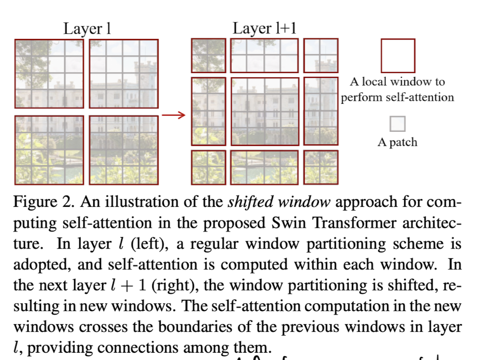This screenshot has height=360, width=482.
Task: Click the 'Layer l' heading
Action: coord(87,29)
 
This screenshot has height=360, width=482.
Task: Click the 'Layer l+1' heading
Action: coord(264,29)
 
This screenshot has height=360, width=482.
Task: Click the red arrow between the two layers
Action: coord(174,115)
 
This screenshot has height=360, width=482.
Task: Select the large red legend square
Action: coord(398,56)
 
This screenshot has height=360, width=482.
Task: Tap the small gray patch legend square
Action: coord(398,124)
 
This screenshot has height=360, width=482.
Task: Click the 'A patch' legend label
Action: coord(397,142)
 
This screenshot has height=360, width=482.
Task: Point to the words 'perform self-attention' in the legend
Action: coord(398,97)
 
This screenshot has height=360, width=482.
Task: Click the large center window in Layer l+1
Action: coord(264,112)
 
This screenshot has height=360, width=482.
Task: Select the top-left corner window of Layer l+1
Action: coord(208,56)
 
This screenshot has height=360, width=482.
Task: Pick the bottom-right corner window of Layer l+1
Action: coord(320,167)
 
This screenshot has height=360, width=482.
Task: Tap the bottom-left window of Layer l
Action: coord(49,150)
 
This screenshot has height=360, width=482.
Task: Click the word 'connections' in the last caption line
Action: coord(119,348)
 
